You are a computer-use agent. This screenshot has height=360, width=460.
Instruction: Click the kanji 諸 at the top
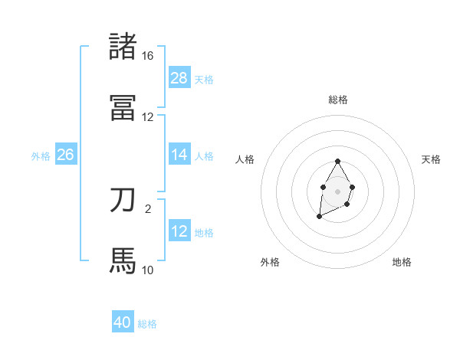pos(123,47)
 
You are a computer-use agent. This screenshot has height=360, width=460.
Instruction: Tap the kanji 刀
pos(123,200)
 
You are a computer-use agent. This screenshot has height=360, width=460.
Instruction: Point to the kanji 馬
pos(123,261)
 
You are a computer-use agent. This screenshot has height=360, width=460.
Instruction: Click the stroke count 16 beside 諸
pos(147,56)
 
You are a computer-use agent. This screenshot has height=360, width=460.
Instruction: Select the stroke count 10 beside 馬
pos(147,270)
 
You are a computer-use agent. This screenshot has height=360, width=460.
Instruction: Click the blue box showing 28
pos(179,78)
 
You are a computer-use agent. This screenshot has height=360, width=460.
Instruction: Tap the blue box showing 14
pos(179,155)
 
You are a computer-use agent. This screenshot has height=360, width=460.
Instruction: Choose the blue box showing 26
pos(65,155)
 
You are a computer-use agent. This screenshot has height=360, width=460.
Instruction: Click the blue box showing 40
pos(123,322)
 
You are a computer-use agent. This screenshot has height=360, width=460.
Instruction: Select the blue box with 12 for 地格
pos(179,231)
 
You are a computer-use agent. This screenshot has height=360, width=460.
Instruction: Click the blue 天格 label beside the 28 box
pos(204,79)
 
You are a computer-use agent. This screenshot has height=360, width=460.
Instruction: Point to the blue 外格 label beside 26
pos(41,155)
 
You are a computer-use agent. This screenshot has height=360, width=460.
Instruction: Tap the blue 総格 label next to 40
pos(147,323)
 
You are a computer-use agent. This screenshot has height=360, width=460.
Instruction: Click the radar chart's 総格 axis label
pos(337,100)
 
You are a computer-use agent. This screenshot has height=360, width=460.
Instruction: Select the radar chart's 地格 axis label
pos(402,262)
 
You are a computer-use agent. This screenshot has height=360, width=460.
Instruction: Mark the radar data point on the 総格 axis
pos(337,162)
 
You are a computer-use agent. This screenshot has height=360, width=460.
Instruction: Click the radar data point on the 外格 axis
pos(319,218)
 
